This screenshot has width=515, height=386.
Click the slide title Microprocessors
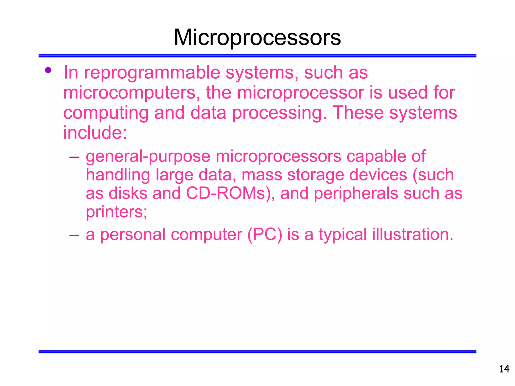point(257,38)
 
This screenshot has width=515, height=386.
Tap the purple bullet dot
point(48,70)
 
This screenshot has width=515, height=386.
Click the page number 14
point(504,369)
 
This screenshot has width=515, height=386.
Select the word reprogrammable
point(152,73)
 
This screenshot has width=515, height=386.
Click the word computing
point(106,113)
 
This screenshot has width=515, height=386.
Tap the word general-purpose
point(148,157)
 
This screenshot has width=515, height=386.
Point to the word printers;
point(116,212)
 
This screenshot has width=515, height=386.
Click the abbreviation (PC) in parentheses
point(265,234)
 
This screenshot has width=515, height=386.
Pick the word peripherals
point(356,194)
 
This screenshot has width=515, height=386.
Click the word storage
point(315,175)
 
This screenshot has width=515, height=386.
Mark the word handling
point(118,175)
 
